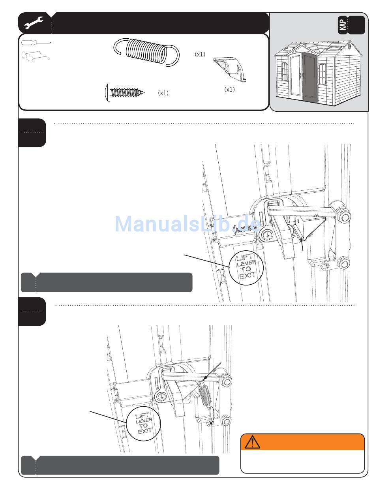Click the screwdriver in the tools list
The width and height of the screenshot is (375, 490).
pyautogui.click(x=36, y=43)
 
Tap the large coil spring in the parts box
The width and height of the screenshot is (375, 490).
pyautogui.click(x=146, y=52)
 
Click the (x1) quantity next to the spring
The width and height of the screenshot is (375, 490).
pyautogui.click(x=200, y=54)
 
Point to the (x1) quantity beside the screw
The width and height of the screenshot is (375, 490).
pyautogui.click(x=163, y=93)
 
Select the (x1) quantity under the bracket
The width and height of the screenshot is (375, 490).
pyautogui.click(x=229, y=90)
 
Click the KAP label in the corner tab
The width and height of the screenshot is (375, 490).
pyautogui.click(x=343, y=25)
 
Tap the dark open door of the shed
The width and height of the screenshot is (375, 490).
pyautogui.click(x=309, y=76)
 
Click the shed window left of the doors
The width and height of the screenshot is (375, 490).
pyautogui.click(x=285, y=71)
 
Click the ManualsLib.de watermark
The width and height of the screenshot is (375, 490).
pyautogui.click(x=187, y=224)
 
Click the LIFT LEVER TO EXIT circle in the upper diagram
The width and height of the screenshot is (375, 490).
pyautogui.click(x=246, y=268)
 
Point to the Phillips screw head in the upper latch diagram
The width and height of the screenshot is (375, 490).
pyautogui.click(x=268, y=236)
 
